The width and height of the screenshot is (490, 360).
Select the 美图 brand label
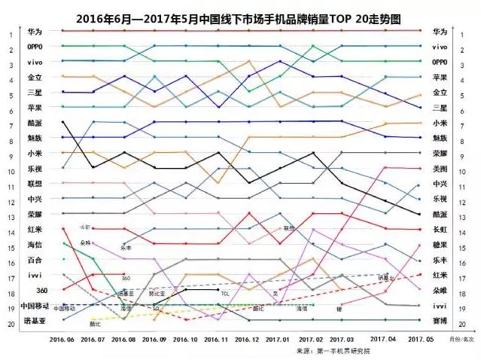tap(440, 169)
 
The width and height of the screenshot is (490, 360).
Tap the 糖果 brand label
tap(440, 246)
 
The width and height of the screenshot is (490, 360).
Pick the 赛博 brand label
tap(440, 322)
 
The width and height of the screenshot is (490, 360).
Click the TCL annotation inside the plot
tap(224, 294)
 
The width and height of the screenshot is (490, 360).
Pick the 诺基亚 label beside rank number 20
tap(35, 323)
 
